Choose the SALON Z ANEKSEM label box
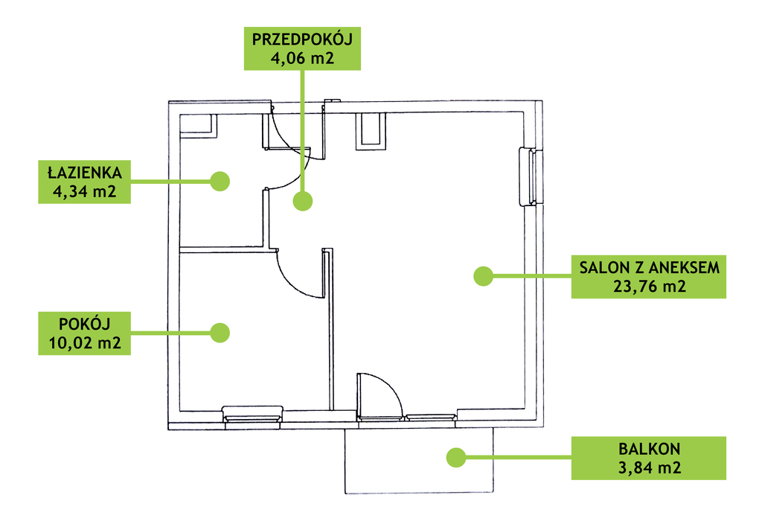point(649,277)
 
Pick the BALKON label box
point(649,458)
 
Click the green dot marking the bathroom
point(220,181)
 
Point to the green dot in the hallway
point(302,201)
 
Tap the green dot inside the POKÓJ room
point(220,332)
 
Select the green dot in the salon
point(484,276)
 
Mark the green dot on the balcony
point(455,457)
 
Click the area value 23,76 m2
point(649,287)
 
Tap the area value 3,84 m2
point(649,468)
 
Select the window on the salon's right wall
point(533,176)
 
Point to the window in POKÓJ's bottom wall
point(254,414)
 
